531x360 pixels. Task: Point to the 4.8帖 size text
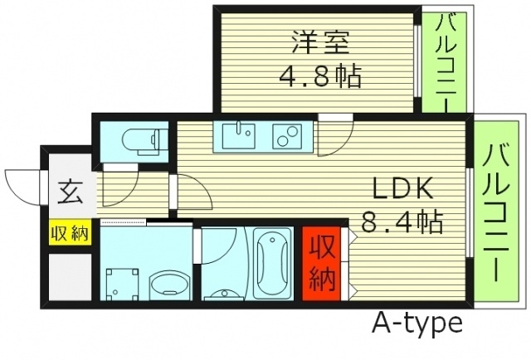(319, 77)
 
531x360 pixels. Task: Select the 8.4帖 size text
(402, 221)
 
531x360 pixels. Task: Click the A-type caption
(417, 324)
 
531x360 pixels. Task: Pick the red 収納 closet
(320, 260)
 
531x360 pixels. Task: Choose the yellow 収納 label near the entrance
(69, 233)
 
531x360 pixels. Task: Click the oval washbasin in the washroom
(169, 285)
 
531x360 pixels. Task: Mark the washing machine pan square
(122, 281)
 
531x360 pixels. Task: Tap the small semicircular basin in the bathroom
(220, 293)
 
